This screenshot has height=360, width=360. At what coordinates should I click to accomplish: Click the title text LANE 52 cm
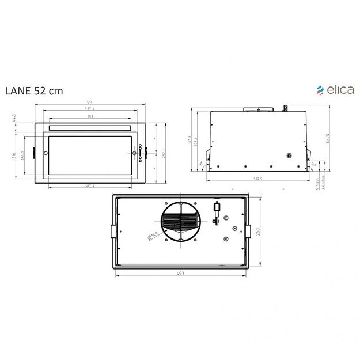[34, 90]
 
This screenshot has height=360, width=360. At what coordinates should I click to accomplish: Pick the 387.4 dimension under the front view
[90, 185]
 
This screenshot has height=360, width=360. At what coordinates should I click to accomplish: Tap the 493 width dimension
[181, 274]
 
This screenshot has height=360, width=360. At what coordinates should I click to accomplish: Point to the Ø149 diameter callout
[153, 234]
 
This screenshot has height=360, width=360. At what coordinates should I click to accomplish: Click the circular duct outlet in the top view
[180, 223]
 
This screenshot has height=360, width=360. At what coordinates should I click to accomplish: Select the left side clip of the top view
[113, 230]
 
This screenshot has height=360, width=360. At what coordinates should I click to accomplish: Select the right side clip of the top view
[248, 230]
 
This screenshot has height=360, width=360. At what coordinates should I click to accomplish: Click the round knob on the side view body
[289, 156]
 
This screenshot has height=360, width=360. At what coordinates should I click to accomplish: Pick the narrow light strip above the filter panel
[91, 128]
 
